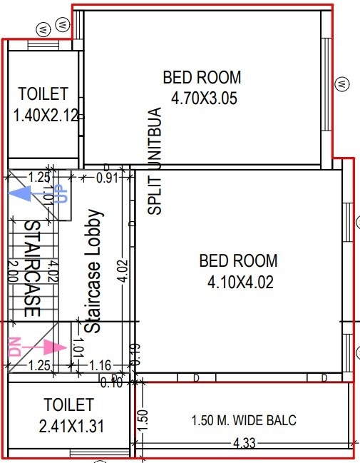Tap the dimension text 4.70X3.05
tap(202, 98)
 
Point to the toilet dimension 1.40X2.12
tap(45, 114)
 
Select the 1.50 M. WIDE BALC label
tap(245, 420)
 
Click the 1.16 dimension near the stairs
tap(101, 366)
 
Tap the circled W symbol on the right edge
tap(344, 83)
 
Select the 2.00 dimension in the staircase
tap(12, 272)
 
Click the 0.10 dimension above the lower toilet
tap(111, 383)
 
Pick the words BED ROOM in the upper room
tap(202, 77)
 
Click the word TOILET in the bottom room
tap(68, 405)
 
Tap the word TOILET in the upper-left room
tap(43, 93)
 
